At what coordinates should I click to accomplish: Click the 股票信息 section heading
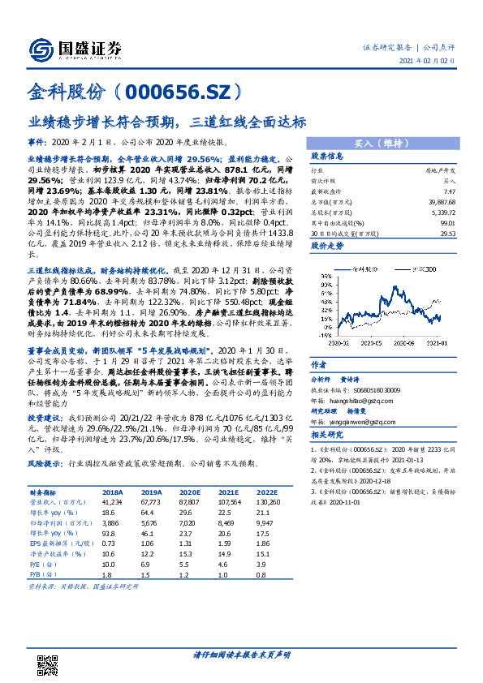point(328,156)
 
